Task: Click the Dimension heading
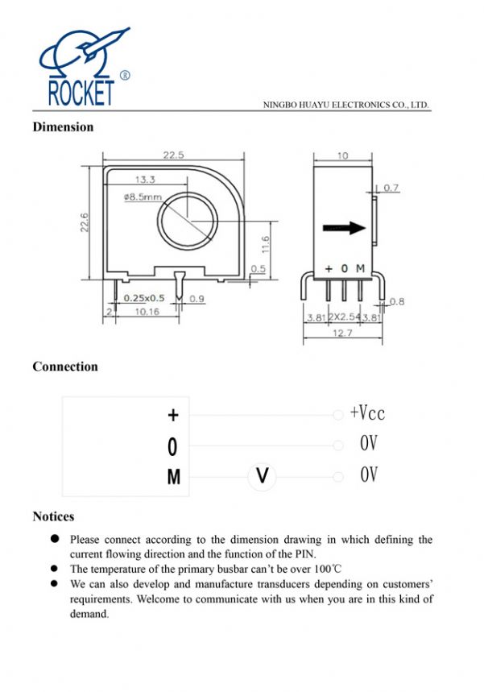click(63, 126)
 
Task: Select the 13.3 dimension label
click(145, 179)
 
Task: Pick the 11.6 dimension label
click(266, 242)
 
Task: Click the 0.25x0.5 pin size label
click(144, 298)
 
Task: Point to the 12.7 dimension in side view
click(344, 332)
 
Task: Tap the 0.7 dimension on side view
click(391, 188)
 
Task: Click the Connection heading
click(65, 367)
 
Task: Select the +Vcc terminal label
click(367, 413)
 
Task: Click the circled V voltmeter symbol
click(262, 477)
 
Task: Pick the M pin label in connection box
click(174, 478)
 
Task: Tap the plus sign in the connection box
click(173, 415)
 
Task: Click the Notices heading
click(53, 516)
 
